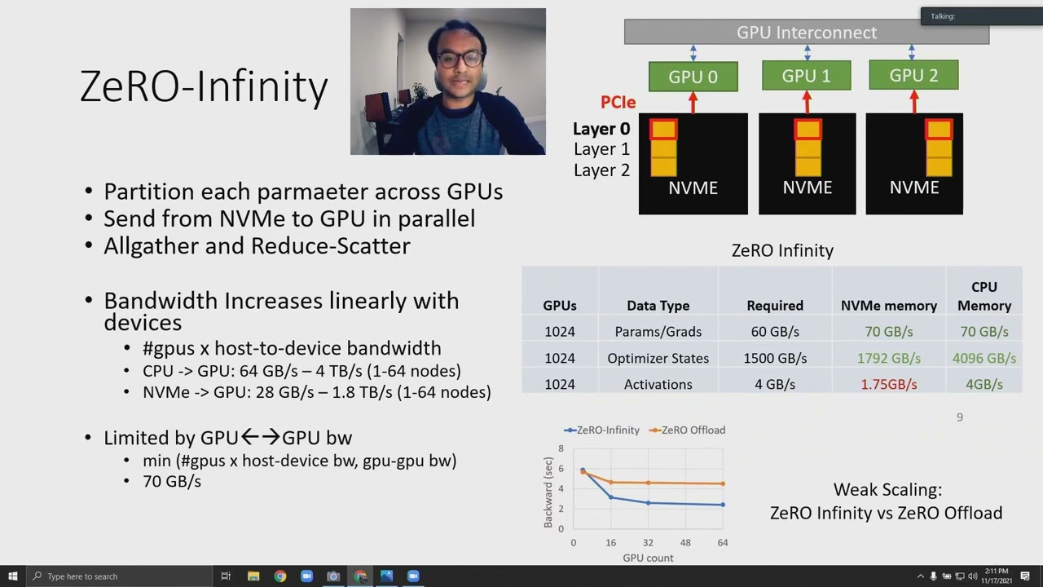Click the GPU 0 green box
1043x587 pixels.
[x=693, y=77]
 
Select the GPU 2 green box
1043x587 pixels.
[x=913, y=76]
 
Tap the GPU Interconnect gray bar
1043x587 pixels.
[x=806, y=33]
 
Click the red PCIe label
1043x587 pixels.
[x=618, y=102]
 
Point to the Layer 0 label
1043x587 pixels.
[x=601, y=129]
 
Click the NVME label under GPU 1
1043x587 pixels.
[x=807, y=188]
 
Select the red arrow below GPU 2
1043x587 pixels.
[x=913, y=102]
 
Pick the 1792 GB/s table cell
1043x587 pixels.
[x=888, y=358]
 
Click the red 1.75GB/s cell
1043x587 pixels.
[x=888, y=384]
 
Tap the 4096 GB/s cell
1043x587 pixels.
[x=984, y=358]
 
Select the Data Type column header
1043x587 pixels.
[x=658, y=306]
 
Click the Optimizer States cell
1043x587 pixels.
[x=658, y=358]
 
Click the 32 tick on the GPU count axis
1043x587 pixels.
[x=648, y=542]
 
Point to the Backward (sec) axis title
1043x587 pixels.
[x=548, y=492]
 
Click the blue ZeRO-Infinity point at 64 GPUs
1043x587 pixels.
[x=723, y=505]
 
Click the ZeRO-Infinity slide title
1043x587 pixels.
[x=204, y=86]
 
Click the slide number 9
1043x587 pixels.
[x=959, y=417]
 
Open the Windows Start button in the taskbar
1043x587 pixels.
[x=12, y=576]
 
